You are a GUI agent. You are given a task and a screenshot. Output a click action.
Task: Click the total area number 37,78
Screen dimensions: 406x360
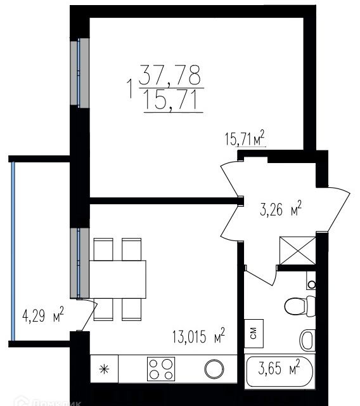tap(170, 77)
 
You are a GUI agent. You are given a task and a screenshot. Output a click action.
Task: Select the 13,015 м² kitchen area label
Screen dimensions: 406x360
tap(199, 336)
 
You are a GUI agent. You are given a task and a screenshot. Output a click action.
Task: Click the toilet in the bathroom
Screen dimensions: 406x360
tap(297, 306)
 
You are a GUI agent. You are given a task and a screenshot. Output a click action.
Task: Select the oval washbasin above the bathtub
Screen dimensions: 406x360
tap(307, 339)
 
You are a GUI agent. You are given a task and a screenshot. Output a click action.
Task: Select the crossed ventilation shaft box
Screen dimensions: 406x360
tap(297, 249)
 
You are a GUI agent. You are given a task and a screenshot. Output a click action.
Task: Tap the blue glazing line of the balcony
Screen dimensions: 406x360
tap(12, 249)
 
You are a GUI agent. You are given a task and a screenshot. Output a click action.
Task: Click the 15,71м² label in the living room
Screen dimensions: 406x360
tap(244, 138)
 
